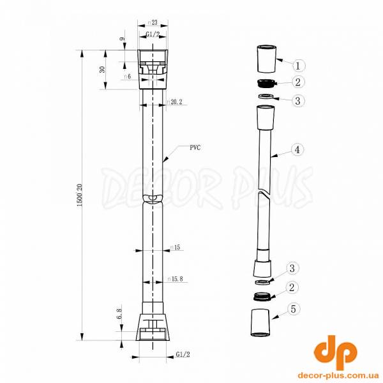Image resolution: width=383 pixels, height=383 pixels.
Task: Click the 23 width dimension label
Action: coord(153,22)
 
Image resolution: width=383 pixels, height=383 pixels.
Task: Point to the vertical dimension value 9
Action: coord(122,40)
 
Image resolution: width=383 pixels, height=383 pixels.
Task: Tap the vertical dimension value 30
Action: coord(103,69)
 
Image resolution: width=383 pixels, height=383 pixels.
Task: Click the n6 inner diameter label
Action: coord(128,77)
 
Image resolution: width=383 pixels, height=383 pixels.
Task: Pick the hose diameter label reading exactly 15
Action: coord(175,247)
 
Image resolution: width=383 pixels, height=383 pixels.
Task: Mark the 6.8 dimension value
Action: coord(119,313)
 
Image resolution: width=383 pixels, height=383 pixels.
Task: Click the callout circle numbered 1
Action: coord(300,64)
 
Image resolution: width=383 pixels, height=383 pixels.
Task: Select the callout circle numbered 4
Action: coord(297,150)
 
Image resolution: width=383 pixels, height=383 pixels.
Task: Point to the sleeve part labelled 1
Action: coord(266,58)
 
